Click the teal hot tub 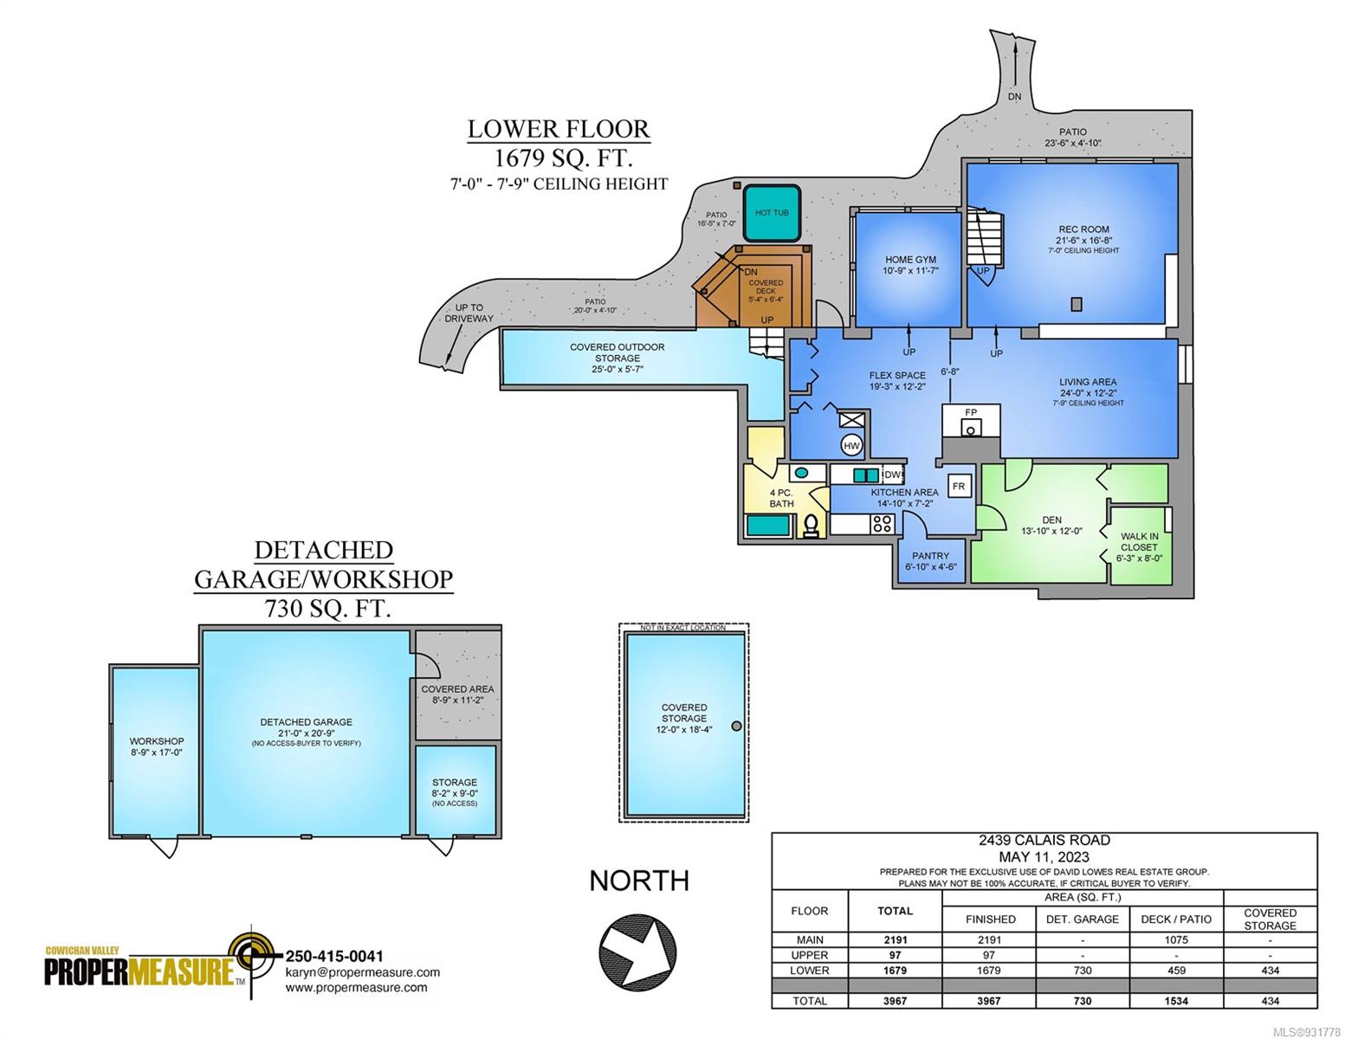[x=771, y=213]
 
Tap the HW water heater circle [x=851, y=445]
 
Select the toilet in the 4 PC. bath [x=811, y=526]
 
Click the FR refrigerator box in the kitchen [x=959, y=486]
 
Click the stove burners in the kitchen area [x=882, y=524]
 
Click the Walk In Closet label [x=1139, y=541]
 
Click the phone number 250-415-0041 [x=334, y=956]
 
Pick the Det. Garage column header [x=1082, y=919]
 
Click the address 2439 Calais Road [x=1044, y=840]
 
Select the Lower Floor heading [x=559, y=129]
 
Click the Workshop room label [x=157, y=741]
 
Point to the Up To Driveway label [x=469, y=313]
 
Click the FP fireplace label [x=971, y=412]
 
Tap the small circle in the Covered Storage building [x=736, y=726]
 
